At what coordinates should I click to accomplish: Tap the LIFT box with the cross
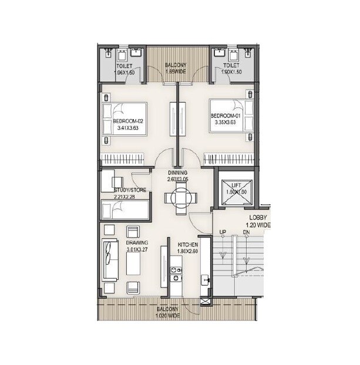[234, 189]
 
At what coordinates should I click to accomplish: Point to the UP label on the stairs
[223, 232]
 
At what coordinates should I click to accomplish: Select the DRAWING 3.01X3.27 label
[137, 245]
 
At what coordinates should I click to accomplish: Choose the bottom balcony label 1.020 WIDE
[169, 312]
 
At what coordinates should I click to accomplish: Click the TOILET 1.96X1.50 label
[124, 70]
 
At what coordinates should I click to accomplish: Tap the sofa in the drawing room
[109, 259]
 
